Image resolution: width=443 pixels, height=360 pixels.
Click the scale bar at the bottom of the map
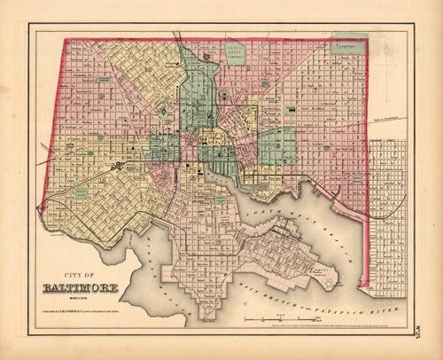(x=283, y=313)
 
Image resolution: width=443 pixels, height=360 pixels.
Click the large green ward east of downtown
(x=276, y=145)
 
